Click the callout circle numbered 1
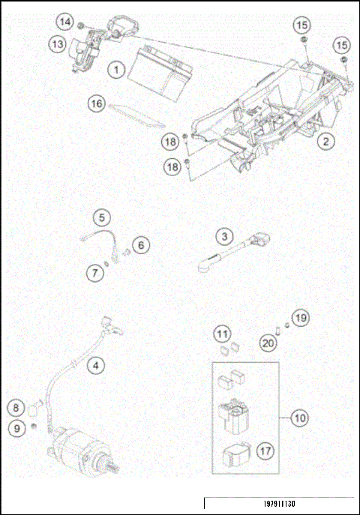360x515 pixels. click(116, 70)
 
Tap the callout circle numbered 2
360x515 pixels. click(325, 142)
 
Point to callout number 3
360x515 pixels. click(225, 236)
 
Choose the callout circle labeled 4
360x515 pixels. click(96, 365)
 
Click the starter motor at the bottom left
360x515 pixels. click(82, 450)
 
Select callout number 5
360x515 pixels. click(102, 217)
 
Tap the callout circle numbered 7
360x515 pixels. click(95, 273)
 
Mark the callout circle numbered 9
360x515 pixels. click(16, 428)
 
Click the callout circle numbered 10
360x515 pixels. click(300, 418)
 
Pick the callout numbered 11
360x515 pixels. click(222, 334)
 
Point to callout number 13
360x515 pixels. click(58, 43)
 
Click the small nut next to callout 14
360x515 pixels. click(80, 25)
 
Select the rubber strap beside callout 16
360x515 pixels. click(136, 115)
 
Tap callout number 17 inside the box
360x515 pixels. click(265, 451)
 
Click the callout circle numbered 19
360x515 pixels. click(301, 318)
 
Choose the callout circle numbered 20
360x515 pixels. click(268, 343)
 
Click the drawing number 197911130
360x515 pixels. click(280, 504)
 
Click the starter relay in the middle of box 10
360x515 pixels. click(234, 415)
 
